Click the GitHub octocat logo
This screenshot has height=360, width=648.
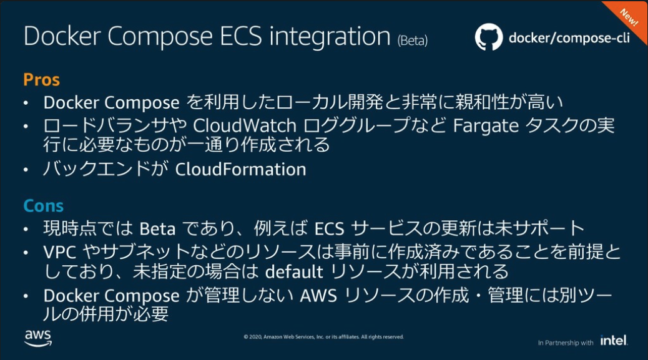click(488, 37)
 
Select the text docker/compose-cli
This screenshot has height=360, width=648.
click(569, 38)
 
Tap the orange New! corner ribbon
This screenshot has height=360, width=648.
click(628, 18)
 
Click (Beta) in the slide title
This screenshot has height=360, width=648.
click(412, 41)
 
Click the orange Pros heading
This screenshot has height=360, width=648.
click(42, 80)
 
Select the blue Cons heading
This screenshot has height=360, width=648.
click(44, 206)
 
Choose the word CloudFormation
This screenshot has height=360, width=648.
click(241, 169)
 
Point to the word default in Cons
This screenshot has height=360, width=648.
click(294, 272)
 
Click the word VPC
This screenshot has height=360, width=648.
click(58, 252)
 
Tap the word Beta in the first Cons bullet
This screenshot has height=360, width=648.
click(157, 229)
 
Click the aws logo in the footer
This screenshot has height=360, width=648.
click(38, 338)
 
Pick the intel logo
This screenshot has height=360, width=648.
click(614, 341)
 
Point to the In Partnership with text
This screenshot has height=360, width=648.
click(565, 343)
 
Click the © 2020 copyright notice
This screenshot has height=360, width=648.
click(323, 337)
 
